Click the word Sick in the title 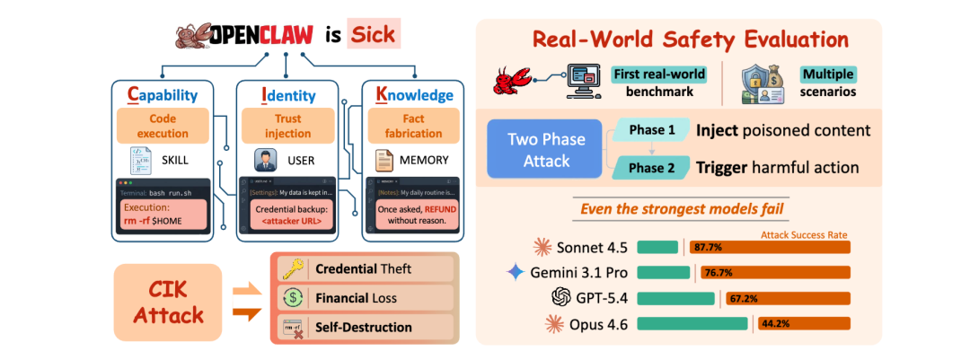[x=370, y=36]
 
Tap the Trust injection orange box [x=287, y=127]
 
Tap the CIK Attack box [x=168, y=303]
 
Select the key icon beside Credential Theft [x=290, y=269]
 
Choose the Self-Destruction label [x=364, y=327]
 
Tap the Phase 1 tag [x=651, y=130]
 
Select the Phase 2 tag [x=651, y=168]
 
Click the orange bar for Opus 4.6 [x=804, y=322]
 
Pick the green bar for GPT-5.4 [x=675, y=297]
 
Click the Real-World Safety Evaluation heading [x=689, y=40]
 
